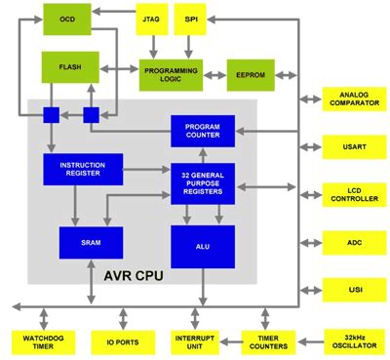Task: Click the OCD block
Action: pyautogui.click(x=67, y=20)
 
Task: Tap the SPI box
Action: pyautogui.click(x=191, y=20)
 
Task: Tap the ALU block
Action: pyautogui.click(x=203, y=246)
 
